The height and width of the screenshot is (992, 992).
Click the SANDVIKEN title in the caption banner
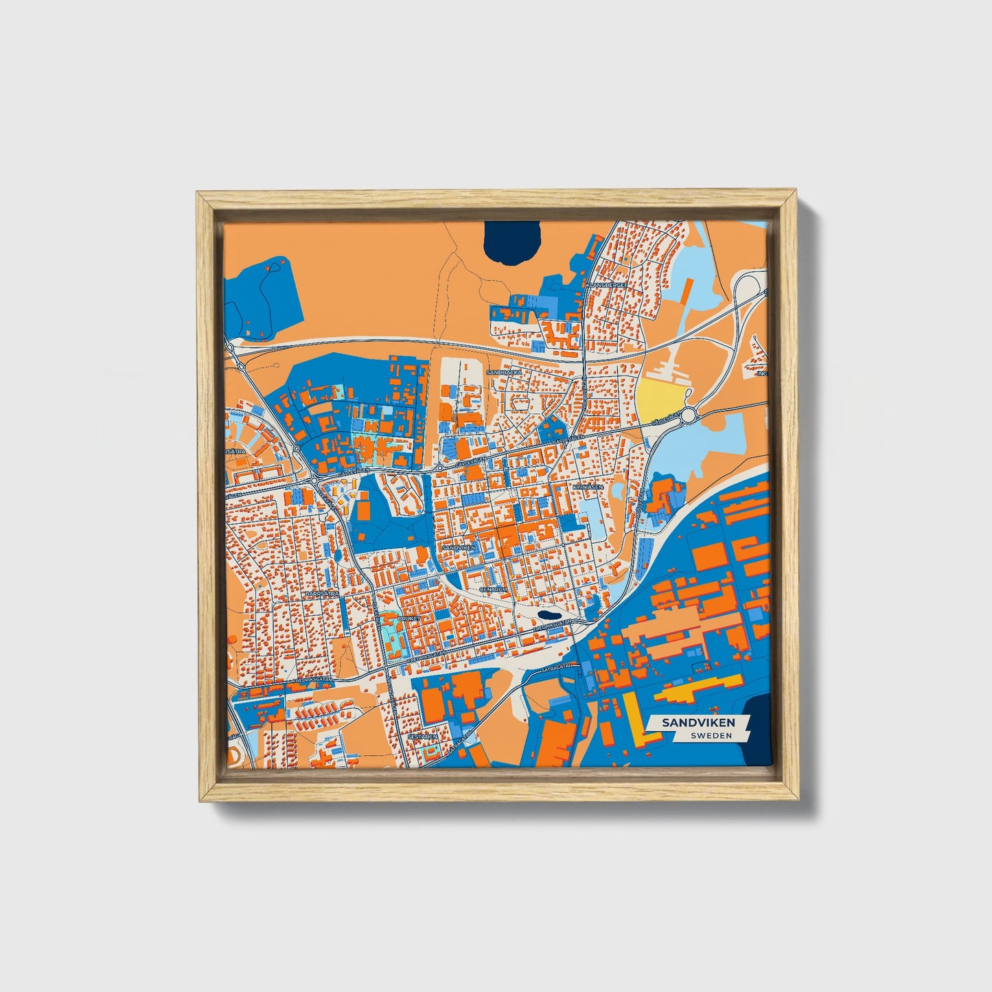point(697,722)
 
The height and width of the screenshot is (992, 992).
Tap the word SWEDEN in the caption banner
point(711,735)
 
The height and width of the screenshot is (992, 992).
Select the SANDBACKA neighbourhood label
point(505,372)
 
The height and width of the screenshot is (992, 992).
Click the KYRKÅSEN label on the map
point(588,487)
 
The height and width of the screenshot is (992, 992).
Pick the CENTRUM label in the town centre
point(494,589)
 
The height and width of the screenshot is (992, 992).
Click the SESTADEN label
point(422,736)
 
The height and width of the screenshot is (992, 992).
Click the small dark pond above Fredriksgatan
point(549,615)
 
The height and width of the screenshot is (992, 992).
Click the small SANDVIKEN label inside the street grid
point(459,547)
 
